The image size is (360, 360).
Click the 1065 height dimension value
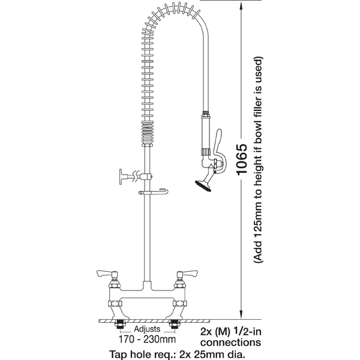click(242, 160)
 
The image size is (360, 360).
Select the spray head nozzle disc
click(203, 186)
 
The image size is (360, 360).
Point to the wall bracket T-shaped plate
click(121, 176)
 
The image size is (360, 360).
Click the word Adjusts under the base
click(147, 329)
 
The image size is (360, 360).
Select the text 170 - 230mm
click(147, 339)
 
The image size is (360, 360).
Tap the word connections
click(231, 343)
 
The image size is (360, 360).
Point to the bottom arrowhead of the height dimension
click(241, 314)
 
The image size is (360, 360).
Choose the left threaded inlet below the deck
click(119, 325)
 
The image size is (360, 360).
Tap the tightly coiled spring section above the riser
click(147, 134)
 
